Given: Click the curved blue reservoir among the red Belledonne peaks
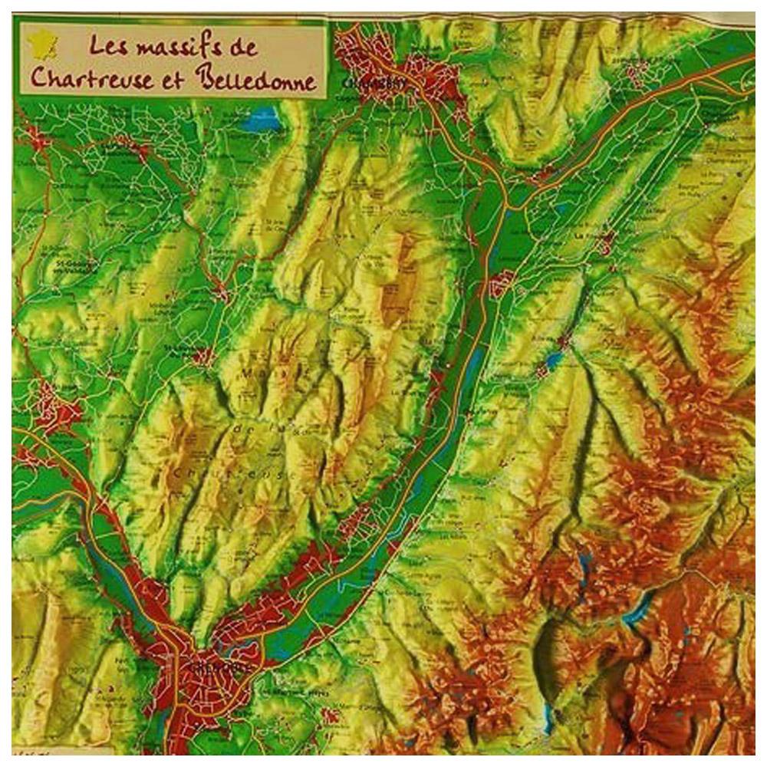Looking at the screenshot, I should tap(639, 610).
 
